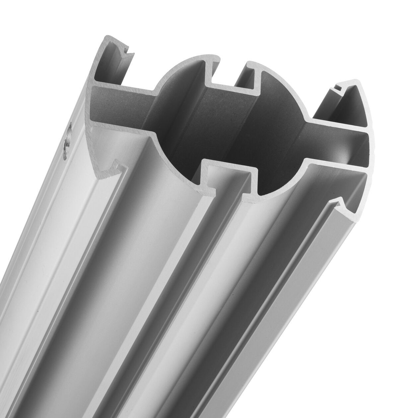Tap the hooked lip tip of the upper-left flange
point(127,51)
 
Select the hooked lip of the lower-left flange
point(117,164)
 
